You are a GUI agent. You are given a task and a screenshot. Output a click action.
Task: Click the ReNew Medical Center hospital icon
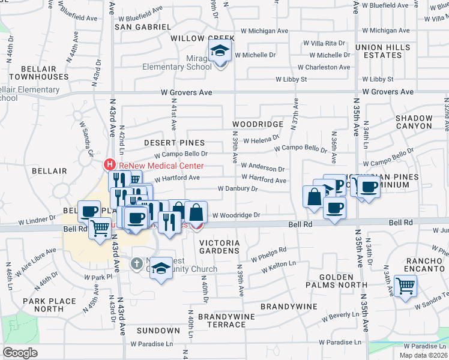tap(110, 164)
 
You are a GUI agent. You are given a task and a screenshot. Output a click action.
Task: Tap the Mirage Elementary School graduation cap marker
tap(220, 52)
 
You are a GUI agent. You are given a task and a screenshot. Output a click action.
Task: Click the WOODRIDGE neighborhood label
tap(258, 124)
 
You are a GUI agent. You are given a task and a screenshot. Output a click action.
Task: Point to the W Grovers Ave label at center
tap(187, 92)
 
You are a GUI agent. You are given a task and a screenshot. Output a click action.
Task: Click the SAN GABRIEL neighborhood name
tap(143, 27)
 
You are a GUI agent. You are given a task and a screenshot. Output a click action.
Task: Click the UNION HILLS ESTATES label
tap(378, 51)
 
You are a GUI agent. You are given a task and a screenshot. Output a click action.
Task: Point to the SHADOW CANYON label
tap(414, 122)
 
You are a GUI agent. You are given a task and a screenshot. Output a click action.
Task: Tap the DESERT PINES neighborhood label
tap(175, 143)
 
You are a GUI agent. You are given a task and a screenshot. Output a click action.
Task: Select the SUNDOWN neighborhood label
tap(158, 331)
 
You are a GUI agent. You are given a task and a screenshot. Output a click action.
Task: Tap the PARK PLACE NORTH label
tap(49, 305)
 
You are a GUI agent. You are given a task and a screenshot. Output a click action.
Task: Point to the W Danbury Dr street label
tap(237, 188)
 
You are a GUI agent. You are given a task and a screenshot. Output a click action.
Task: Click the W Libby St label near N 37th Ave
tap(291, 79)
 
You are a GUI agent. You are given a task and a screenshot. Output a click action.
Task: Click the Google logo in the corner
tap(19, 353)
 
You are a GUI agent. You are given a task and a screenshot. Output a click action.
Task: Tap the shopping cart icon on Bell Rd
tap(100, 227)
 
